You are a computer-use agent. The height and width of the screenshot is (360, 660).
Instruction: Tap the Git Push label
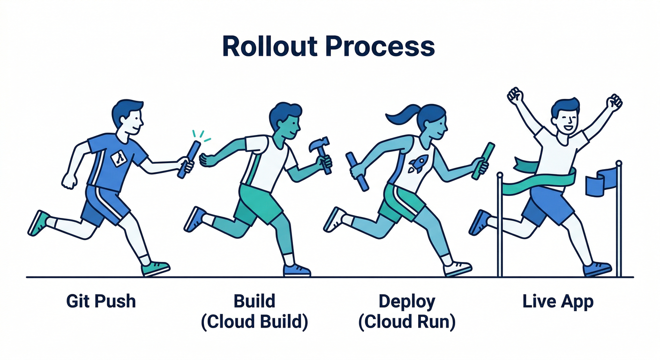(101, 301)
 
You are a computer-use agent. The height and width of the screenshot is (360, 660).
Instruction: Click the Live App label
(558, 301)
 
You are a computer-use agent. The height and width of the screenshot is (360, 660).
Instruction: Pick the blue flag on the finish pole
(601, 183)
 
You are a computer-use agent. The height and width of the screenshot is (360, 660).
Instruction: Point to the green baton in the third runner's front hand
(483, 161)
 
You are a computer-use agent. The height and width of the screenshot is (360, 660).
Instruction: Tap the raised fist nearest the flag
(614, 101)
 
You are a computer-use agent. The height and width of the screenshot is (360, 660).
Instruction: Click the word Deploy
(407, 301)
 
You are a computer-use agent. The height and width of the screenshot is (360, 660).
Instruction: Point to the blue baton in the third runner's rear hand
(357, 172)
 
